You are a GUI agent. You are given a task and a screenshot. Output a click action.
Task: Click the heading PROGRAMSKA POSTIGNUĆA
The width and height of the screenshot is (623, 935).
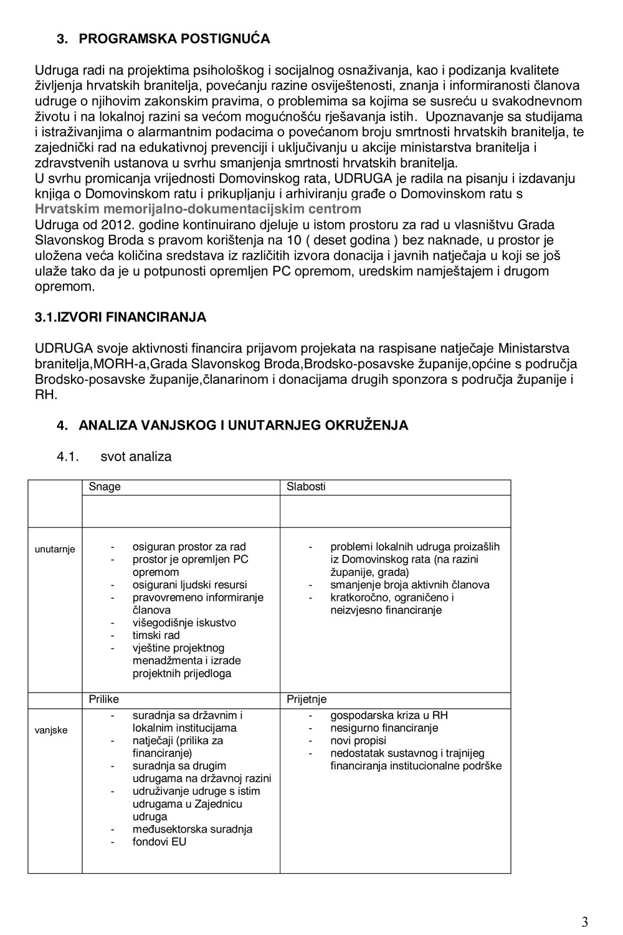click(174, 39)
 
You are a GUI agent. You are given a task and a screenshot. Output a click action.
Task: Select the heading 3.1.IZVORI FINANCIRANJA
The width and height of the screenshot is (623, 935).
click(120, 317)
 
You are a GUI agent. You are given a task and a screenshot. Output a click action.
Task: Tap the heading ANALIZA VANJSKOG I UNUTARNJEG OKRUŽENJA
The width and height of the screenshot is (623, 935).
click(243, 425)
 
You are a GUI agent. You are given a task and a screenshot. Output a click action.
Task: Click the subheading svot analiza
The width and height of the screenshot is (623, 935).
click(136, 456)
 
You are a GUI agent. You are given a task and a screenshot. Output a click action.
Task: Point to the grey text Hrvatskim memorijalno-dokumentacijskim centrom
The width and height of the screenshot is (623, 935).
click(198, 209)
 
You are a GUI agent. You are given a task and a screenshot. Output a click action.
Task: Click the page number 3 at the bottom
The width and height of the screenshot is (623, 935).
click(584, 922)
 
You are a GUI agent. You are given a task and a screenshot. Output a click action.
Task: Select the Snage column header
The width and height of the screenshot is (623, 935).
click(105, 487)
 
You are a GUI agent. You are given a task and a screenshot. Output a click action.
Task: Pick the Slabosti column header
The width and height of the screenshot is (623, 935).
click(306, 487)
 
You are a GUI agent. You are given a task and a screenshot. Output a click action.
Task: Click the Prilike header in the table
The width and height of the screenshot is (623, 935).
click(103, 699)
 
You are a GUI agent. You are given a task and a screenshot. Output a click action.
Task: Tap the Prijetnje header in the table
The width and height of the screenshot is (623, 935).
click(307, 699)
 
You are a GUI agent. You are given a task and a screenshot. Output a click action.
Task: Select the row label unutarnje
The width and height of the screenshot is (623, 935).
click(55, 549)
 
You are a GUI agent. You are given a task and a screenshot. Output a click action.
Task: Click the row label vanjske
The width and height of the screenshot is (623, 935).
click(51, 730)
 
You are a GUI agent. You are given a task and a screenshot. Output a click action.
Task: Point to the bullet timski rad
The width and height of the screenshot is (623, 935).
click(156, 635)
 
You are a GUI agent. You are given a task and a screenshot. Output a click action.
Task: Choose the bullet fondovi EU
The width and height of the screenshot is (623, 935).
click(159, 841)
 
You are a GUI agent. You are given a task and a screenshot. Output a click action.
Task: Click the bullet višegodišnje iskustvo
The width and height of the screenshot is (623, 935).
click(184, 623)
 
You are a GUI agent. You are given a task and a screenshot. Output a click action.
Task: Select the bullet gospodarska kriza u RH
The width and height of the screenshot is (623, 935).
click(389, 715)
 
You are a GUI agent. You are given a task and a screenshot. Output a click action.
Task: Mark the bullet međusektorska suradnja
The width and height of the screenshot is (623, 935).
click(192, 829)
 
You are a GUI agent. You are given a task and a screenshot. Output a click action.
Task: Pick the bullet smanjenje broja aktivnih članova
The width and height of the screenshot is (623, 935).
click(409, 585)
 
